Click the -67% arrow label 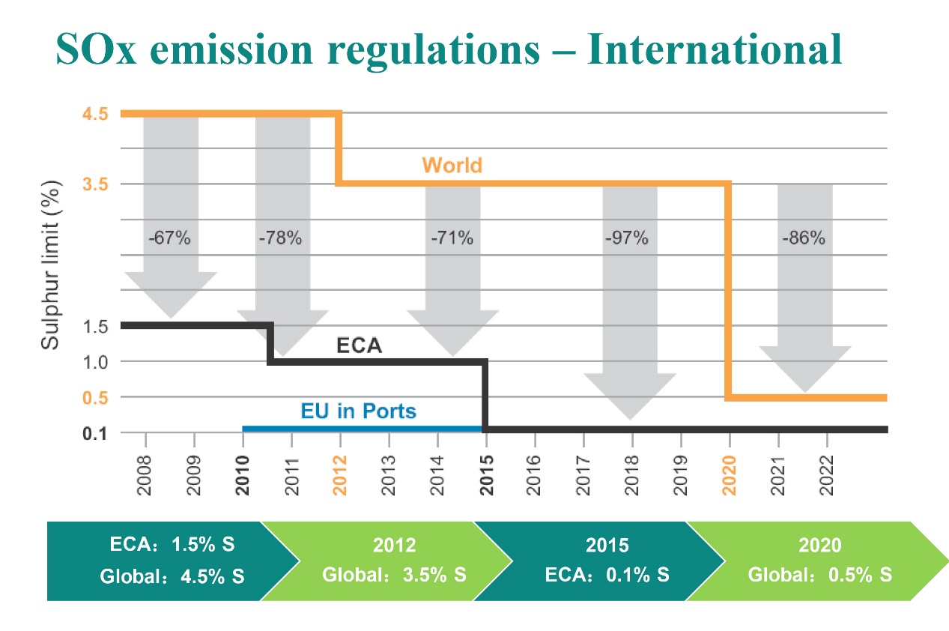pyautogui.click(x=171, y=239)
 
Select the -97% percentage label pyautogui.click(x=627, y=239)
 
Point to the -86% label pyautogui.click(x=804, y=239)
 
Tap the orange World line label pyautogui.click(x=452, y=165)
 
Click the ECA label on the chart pyautogui.click(x=359, y=346)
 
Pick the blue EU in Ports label pyautogui.click(x=358, y=411)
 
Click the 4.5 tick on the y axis pyautogui.click(x=96, y=114)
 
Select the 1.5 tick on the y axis pyautogui.click(x=96, y=326)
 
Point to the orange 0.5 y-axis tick pyautogui.click(x=96, y=397)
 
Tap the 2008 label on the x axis pyautogui.click(x=145, y=475)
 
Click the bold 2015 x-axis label pyautogui.click(x=487, y=475)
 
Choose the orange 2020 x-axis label pyautogui.click(x=730, y=475)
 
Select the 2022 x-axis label pyautogui.click(x=827, y=475)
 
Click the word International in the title pyautogui.click(x=715, y=49)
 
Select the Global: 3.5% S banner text pyautogui.click(x=394, y=576)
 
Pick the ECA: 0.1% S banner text pyautogui.click(x=607, y=576)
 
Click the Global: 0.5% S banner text pyautogui.click(x=820, y=576)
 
